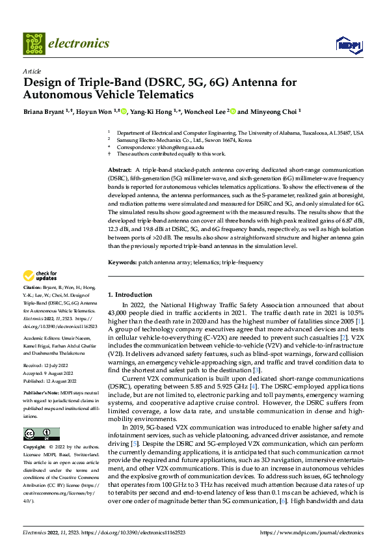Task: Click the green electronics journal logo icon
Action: pos(33,43)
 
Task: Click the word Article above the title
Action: pos(32,72)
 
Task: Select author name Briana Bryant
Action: pos(46,111)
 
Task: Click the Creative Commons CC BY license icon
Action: pos(42,434)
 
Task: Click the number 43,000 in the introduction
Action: pos(116,314)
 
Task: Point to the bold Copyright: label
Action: pos(35,448)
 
